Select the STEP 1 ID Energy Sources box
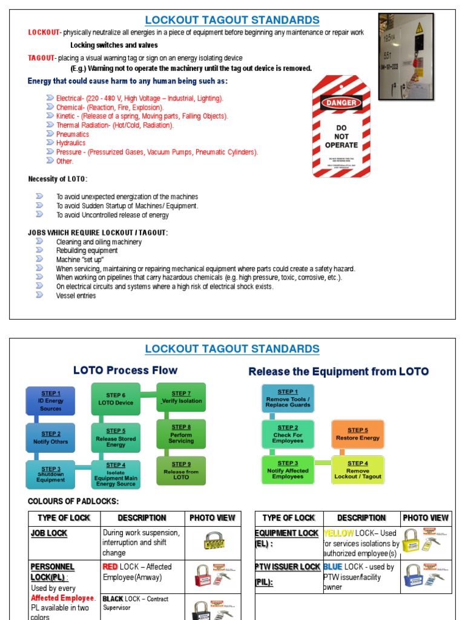pos(50,401)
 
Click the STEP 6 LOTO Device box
pos(116,399)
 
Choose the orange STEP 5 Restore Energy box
pos(357,434)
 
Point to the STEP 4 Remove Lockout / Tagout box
pos(357,470)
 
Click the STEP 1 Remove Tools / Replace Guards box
pos(288,398)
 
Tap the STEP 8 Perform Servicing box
pos(181,435)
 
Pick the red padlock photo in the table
pos(212,575)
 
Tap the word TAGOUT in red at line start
pos(41,58)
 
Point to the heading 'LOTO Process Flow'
pos(125,370)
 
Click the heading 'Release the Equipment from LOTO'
pos(338,371)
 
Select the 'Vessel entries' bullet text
pos(76,295)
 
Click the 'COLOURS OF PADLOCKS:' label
pos(74,501)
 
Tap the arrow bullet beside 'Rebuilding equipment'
pos(39,250)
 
